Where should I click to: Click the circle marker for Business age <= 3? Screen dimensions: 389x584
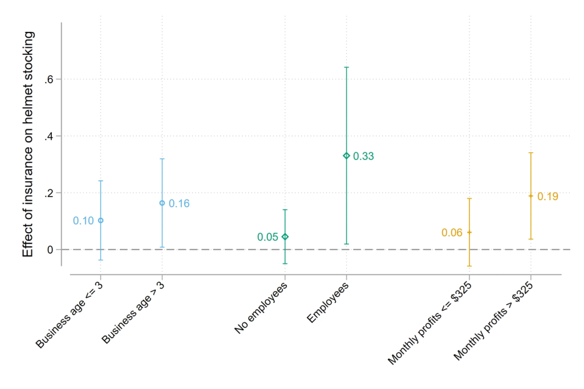(101, 220)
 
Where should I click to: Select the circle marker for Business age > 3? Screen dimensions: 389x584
(162, 203)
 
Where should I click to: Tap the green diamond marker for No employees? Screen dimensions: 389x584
(285, 237)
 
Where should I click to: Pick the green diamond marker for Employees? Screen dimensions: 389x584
(346, 156)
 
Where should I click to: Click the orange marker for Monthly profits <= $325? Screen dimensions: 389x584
(469, 232)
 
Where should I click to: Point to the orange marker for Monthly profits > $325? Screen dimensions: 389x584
(531, 196)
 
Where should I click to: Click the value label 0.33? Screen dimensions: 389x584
(363, 156)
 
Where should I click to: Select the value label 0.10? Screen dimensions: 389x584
(83, 221)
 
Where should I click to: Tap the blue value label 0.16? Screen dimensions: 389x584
(179, 204)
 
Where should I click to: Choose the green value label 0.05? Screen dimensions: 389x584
(267, 237)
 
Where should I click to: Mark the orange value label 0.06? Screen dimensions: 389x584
(452, 233)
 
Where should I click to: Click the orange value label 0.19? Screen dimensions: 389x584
(547, 197)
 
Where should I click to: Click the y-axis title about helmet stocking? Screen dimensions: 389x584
(28, 144)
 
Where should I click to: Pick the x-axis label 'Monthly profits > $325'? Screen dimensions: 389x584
(494, 321)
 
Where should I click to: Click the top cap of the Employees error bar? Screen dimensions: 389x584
(346, 67)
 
